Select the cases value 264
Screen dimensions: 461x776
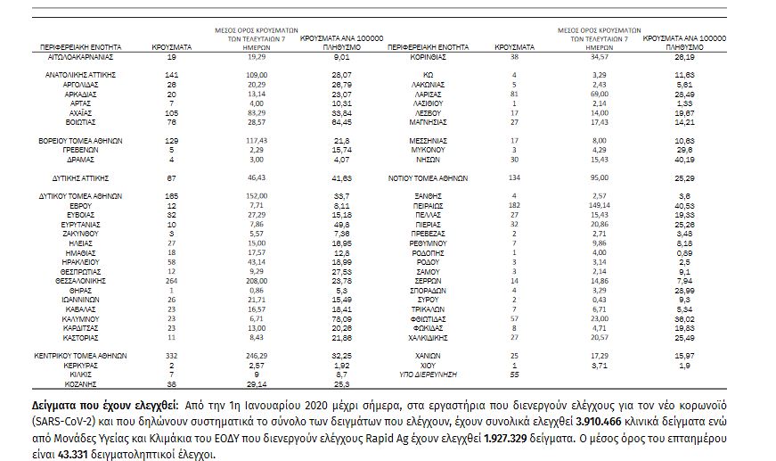(173, 279)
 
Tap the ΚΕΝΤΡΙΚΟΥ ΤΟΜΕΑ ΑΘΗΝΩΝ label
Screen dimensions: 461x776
(80, 355)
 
